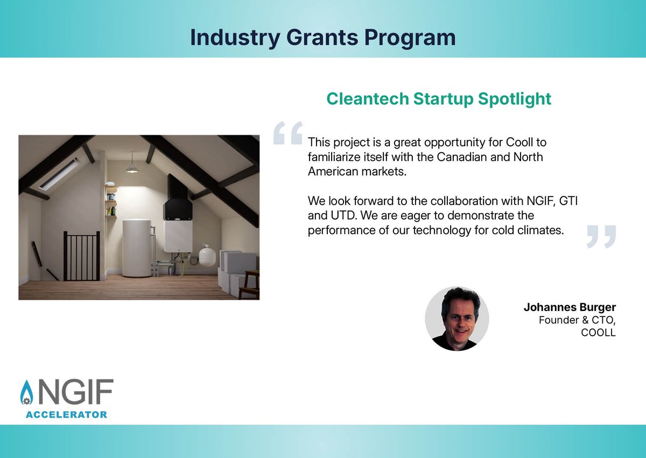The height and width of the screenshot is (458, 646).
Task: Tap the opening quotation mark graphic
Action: pyautogui.click(x=287, y=133)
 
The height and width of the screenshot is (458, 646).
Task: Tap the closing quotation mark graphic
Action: pyautogui.click(x=601, y=236)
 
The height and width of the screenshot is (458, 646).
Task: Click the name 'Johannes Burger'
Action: pyautogui.click(x=570, y=308)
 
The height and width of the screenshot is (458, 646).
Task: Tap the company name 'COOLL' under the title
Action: pyautogui.click(x=598, y=333)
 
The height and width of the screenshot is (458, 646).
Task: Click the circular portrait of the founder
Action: pyautogui.click(x=457, y=319)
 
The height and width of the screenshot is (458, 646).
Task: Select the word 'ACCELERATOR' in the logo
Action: pyautogui.click(x=66, y=414)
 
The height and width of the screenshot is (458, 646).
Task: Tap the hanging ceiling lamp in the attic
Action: pyautogui.click(x=132, y=167)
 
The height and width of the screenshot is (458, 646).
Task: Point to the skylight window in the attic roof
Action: pyautogui.click(x=59, y=174)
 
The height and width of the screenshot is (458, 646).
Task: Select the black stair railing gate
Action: pyautogui.click(x=82, y=256)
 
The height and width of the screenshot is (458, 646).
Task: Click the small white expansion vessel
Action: pyautogui.click(x=207, y=256)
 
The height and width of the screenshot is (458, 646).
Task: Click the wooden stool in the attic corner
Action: pyautogui.click(x=249, y=284)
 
